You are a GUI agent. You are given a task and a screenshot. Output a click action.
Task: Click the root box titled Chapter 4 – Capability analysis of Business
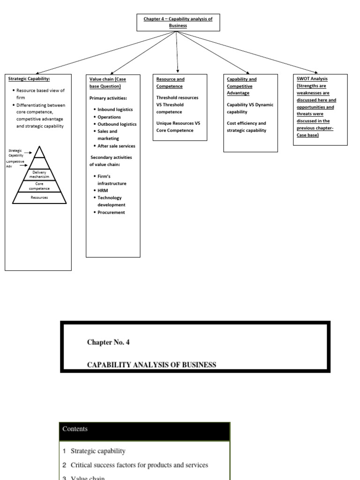click(178, 22)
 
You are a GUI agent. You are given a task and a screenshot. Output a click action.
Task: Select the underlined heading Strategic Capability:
click(29, 79)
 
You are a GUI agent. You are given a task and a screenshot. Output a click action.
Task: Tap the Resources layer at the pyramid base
click(39, 198)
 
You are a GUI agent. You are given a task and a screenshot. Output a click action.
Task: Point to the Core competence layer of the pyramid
click(39, 186)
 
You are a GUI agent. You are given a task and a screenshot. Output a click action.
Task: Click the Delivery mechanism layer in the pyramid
click(39, 174)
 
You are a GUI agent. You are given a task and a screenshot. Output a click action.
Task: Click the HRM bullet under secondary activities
click(103, 190)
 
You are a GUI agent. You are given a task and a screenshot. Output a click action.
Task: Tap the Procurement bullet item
click(111, 212)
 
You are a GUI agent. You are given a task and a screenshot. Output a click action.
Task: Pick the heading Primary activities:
click(108, 98)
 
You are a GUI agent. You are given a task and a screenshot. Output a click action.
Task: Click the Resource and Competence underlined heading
click(170, 82)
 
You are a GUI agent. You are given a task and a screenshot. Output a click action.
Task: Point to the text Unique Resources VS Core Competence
click(178, 127)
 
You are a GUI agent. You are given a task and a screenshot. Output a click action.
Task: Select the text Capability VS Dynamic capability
click(250, 108)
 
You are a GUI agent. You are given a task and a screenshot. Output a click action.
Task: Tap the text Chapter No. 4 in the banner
click(108, 342)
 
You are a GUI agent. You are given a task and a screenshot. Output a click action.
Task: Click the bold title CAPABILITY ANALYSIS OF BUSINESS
click(152, 365)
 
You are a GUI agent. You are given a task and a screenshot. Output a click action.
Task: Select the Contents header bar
click(144, 429)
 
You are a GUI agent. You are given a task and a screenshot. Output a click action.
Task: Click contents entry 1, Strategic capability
click(98, 451)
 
